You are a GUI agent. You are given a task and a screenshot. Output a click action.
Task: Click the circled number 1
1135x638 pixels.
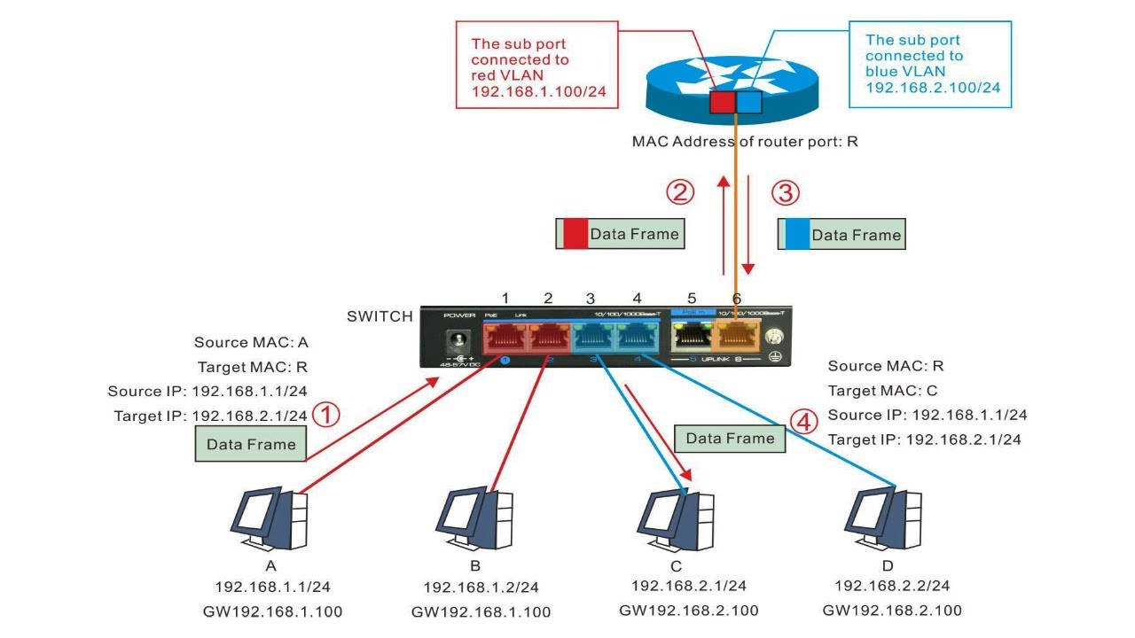[327, 415]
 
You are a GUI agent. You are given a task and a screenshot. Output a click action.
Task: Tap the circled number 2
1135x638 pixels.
[680, 191]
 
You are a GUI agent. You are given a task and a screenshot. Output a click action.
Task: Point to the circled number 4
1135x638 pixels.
[804, 422]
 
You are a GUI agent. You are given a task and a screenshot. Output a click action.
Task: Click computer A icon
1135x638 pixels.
[270, 519]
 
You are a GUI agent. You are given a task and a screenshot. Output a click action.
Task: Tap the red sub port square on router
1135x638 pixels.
[723, 102]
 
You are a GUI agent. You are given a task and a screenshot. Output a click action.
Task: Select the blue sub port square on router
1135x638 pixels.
[749, 102]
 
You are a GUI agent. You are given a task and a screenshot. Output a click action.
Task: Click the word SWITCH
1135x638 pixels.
[380, 316]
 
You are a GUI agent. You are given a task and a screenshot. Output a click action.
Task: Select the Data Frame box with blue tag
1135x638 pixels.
[841, 235]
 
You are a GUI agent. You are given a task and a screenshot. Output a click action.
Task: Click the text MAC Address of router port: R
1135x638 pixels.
[745, 141]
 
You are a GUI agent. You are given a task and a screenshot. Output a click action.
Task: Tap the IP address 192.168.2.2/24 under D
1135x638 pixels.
[892, 586]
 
